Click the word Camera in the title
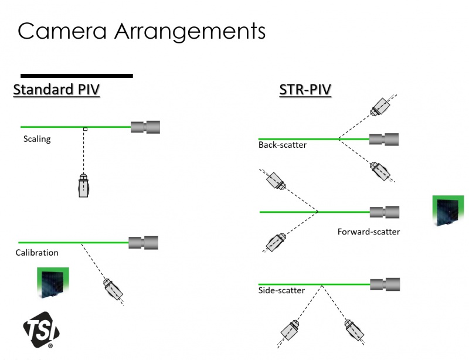click(59, 30)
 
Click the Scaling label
click(37, 140)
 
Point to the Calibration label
click(37, 253)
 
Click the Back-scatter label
click(283, 145)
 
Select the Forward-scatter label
click(369, 232)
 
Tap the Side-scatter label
click(281, 290)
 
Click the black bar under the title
click(77, 75)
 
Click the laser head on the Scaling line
click(145, 127)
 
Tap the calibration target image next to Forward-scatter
click(448, 211)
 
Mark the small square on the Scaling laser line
click(85, 128)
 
